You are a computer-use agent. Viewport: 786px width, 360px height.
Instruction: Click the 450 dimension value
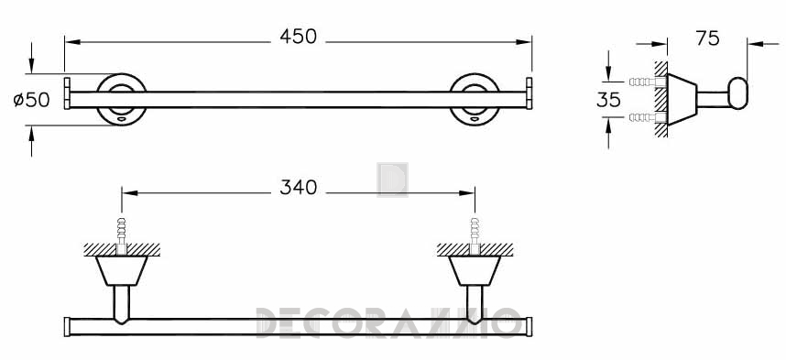coord(299,37)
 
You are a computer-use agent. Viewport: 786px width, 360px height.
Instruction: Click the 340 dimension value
coord(299,188)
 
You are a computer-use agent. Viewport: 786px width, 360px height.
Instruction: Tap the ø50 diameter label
coord(31,100)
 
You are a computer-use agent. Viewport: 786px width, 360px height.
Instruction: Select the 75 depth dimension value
coord(707,38)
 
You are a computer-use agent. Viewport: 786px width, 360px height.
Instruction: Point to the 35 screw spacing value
coord(608,100)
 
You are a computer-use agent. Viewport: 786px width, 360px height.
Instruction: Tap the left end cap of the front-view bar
coord(67,93)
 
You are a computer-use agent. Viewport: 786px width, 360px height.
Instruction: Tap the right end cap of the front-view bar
coord(529,93)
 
